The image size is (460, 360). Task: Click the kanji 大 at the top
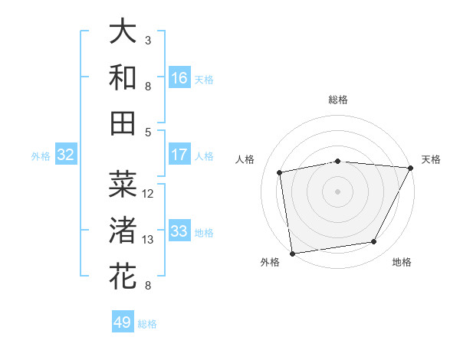[x=123, y=32]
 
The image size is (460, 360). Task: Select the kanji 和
[x=123, y=77]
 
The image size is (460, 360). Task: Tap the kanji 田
[x=123, y=123]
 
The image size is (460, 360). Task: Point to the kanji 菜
[x=123, y=185]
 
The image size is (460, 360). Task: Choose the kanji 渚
[x=123, y=231]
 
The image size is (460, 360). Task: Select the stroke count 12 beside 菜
[x=149, y=193]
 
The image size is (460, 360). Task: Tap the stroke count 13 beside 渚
[x=149, y=240]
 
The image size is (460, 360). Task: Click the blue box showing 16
[x=179, y=78]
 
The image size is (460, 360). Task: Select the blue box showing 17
[x=179, y=155]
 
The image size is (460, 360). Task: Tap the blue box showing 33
[x=179, y=231]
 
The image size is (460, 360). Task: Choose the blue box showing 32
[x=66, y=155]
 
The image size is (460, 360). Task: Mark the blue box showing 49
[x=123, y=322]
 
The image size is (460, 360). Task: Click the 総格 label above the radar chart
[x=338, y=100]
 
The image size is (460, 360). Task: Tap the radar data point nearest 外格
[x=293, y=253]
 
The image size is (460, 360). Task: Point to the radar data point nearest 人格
[x=280, y=172]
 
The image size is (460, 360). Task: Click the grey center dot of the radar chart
[x=338, y=191]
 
